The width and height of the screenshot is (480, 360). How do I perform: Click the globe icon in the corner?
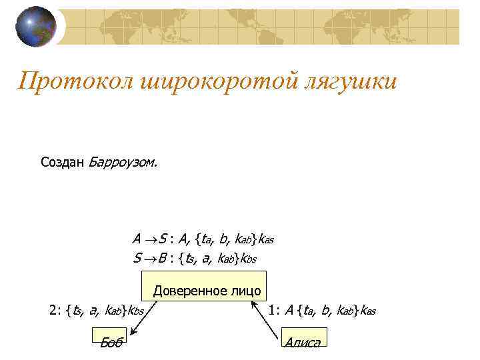[x=36, y=26]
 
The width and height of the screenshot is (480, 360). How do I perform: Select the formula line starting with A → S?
[x=203, y=238]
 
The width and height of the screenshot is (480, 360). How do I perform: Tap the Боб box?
[x=109, y=339]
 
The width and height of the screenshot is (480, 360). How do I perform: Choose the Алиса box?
[x=302, y=339]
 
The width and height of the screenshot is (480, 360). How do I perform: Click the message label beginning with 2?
[x=97, y=309]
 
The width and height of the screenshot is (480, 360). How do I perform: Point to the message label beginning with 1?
[x=322, y=309]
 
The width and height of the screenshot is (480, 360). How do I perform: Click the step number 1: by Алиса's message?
[x=275, y=309]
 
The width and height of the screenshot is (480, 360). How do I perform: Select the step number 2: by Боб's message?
[x=56, y=309]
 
